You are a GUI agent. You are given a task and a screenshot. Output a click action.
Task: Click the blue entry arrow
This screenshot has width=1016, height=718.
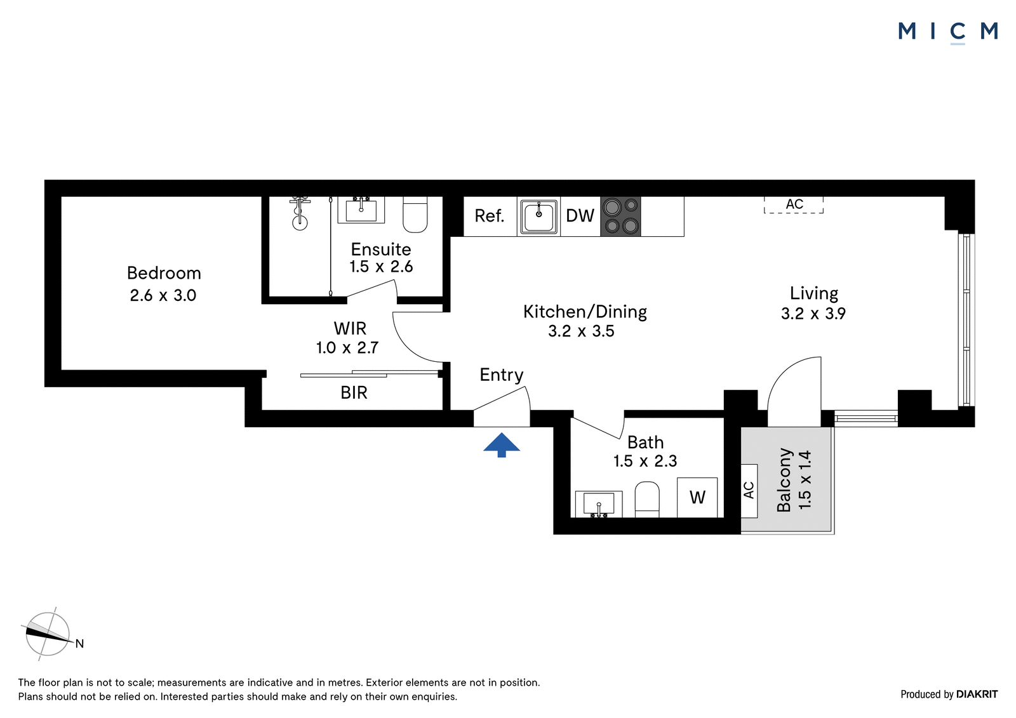501,445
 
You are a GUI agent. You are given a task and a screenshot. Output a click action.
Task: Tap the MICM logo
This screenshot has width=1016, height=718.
947,32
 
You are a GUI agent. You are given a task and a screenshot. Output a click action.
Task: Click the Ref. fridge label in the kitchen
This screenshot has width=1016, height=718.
490,216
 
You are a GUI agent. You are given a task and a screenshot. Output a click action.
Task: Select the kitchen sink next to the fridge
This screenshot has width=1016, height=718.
538,216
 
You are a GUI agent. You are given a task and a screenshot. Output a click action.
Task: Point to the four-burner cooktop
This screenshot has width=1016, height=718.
620,216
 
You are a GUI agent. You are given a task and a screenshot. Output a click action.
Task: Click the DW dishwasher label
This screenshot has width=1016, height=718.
580,216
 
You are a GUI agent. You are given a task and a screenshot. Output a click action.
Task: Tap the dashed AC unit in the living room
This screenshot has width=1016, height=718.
794,204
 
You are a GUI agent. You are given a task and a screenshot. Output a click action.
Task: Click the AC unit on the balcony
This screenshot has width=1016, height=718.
749,491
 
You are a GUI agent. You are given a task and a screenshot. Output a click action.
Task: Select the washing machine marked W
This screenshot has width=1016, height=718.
697,498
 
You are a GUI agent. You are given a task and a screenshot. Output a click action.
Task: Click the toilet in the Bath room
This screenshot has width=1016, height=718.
647,500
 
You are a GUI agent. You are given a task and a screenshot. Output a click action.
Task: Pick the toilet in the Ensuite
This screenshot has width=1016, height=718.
415,215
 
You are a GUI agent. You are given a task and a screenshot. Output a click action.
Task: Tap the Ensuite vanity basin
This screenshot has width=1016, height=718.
361,209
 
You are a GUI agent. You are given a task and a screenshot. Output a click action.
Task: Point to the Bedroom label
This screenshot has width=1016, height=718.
164,273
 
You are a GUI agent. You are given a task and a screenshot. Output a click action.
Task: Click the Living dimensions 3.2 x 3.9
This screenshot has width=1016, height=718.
813,314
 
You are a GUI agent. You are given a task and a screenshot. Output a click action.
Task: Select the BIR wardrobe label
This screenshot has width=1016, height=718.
354,393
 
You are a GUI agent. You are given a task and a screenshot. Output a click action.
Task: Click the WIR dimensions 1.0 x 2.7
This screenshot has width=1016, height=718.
347,348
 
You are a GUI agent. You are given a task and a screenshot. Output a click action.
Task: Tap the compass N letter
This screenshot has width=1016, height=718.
80,644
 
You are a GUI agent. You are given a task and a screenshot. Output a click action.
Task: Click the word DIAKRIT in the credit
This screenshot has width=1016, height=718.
977,694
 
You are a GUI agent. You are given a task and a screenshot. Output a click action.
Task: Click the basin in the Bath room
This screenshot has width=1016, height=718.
599,504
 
